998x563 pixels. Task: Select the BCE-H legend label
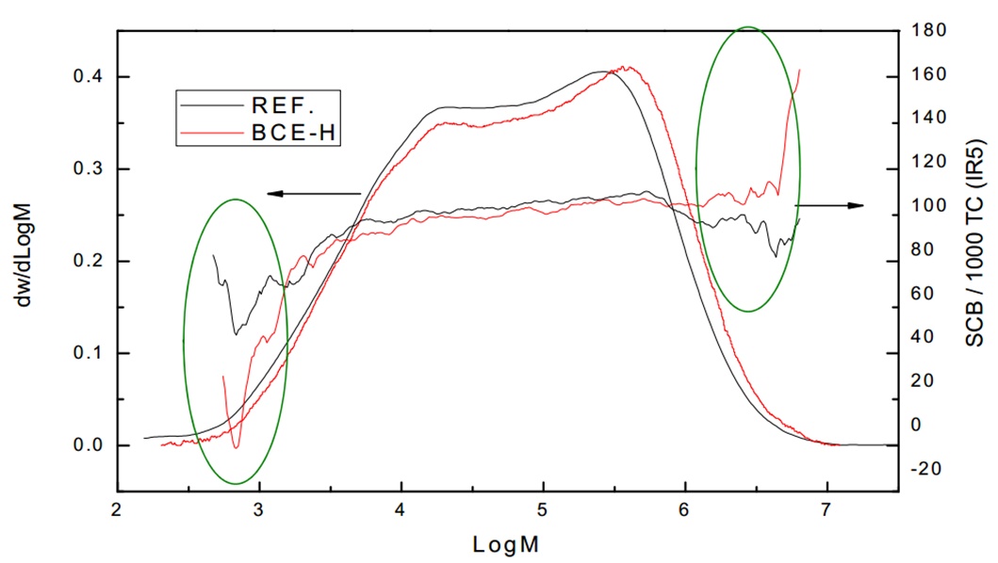tap(283, 137)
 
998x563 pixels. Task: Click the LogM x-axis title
tap(507, 543)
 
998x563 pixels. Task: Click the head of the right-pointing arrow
tap(859, 205)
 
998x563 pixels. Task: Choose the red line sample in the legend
tap(207, 137)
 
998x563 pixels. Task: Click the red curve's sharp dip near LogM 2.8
tap(237, 447)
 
